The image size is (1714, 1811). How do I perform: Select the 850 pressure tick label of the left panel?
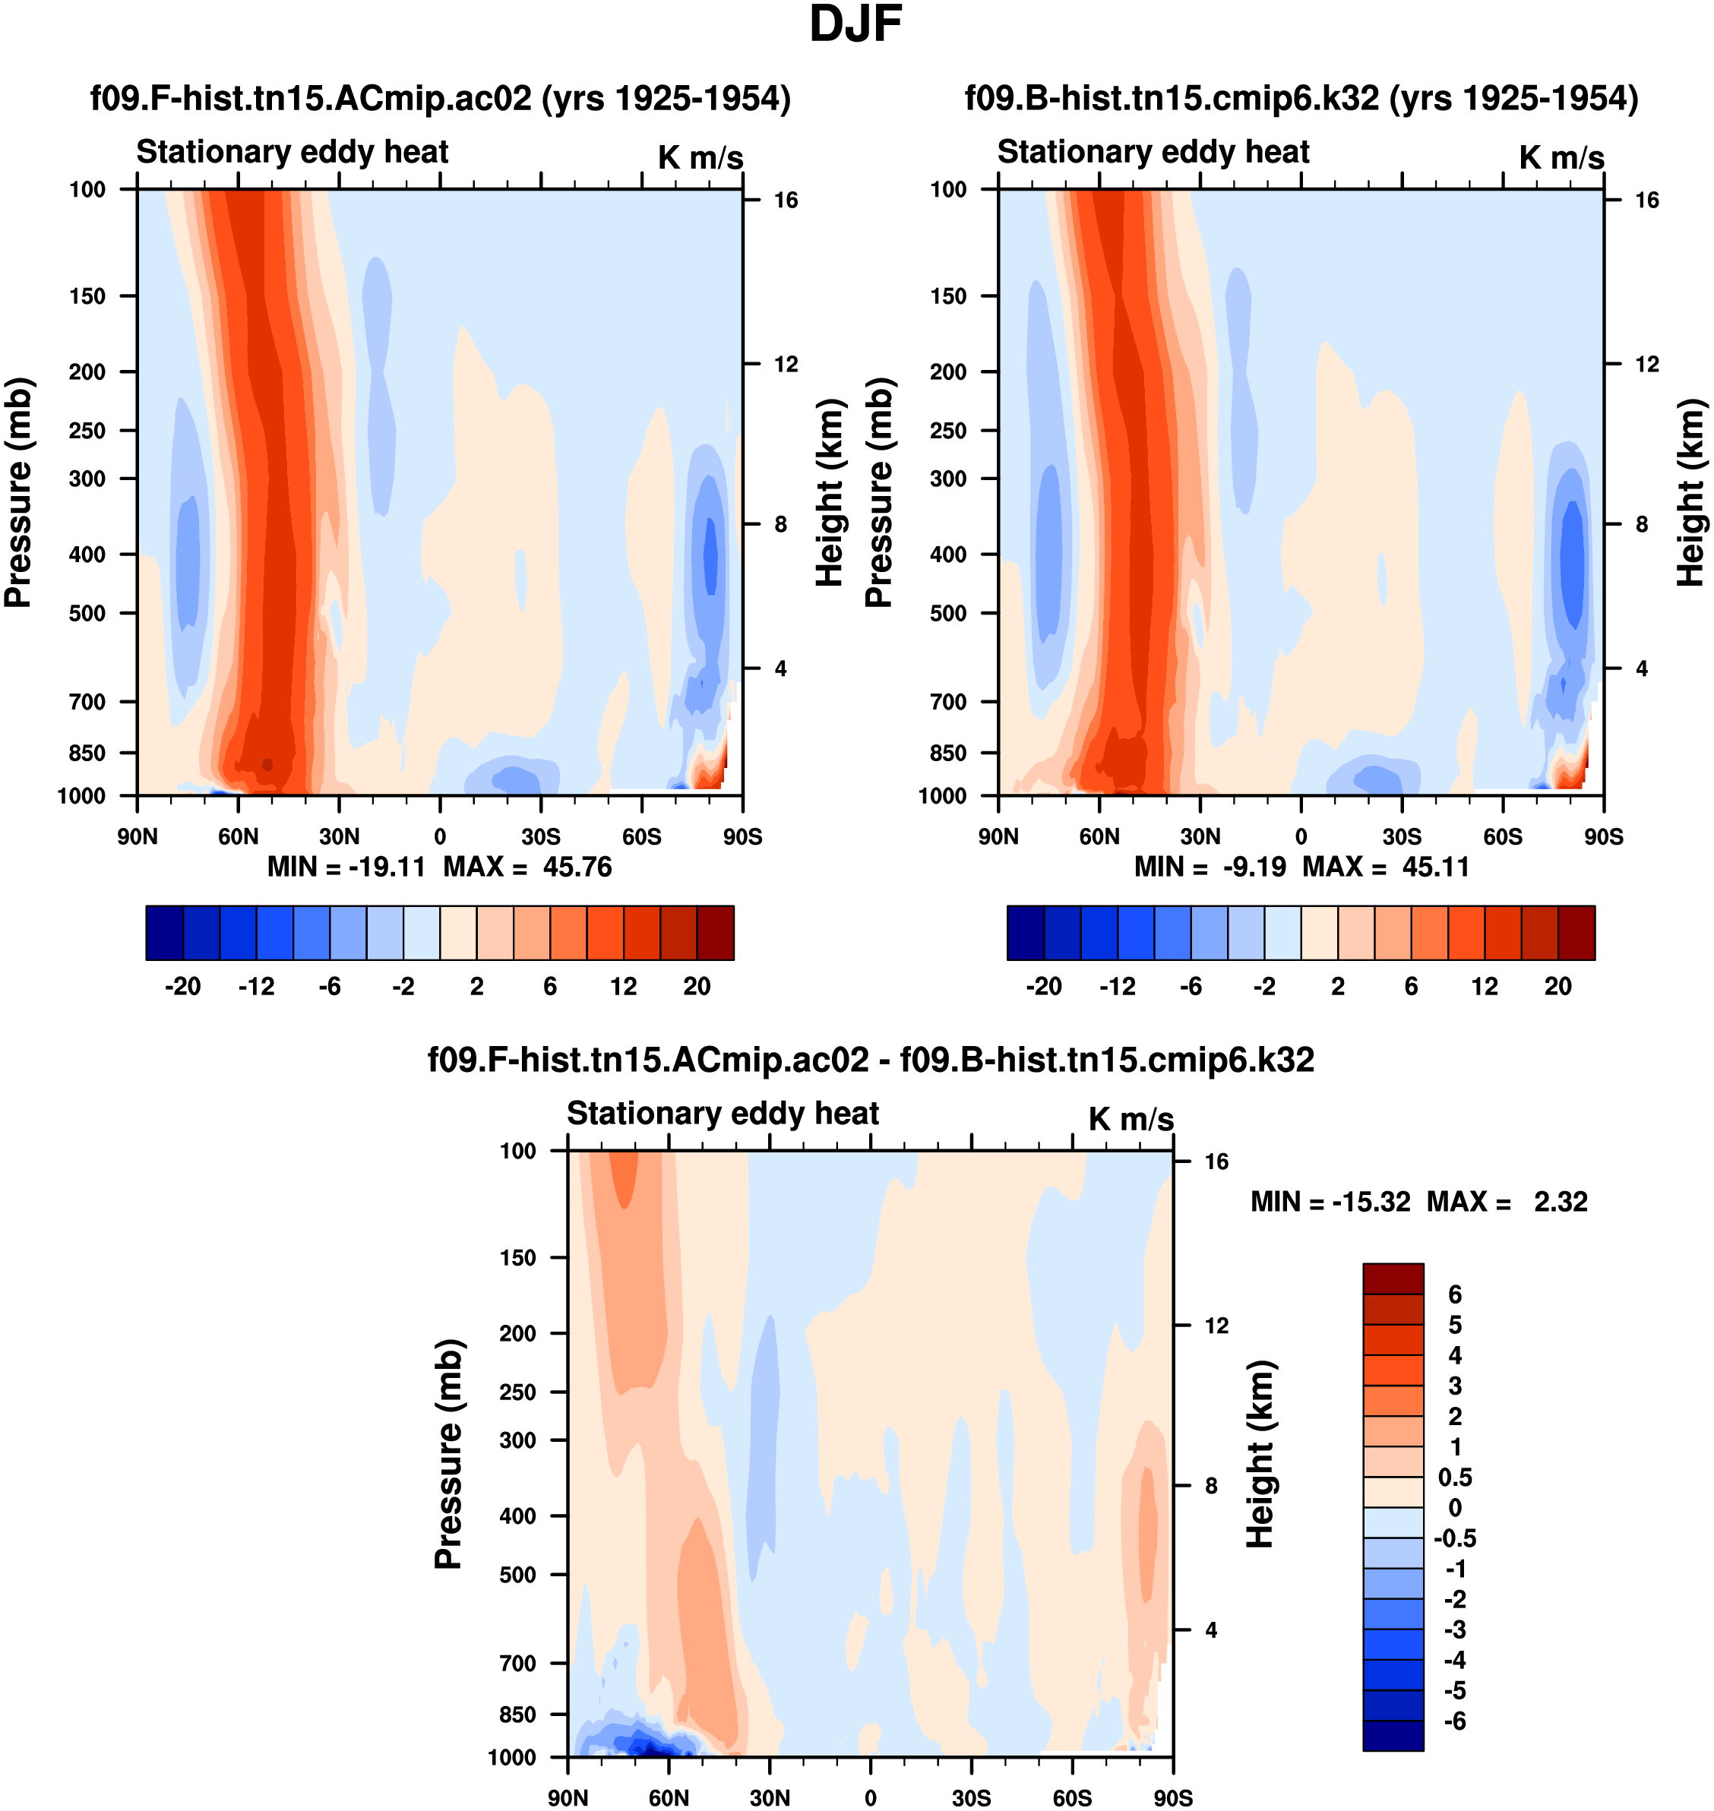(87, 753)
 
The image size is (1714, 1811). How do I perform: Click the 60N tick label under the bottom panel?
(669, 1797)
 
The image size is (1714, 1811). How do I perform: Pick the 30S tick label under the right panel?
(1402, 836)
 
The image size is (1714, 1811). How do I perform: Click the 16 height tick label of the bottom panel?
(1216, 1162)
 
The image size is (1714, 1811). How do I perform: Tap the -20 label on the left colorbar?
(183, 986)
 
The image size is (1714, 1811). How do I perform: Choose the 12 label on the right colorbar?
(1485, 986)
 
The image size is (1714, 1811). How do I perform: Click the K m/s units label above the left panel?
(700, 157)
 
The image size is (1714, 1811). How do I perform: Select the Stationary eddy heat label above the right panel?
(1153, 152)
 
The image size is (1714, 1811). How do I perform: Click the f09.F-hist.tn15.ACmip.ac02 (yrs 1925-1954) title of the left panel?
(441, 99)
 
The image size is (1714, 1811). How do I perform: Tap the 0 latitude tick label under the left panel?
(441, 836)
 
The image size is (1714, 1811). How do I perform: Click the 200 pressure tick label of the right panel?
(948, 372)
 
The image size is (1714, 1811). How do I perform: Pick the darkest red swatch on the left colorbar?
(716, 933)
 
